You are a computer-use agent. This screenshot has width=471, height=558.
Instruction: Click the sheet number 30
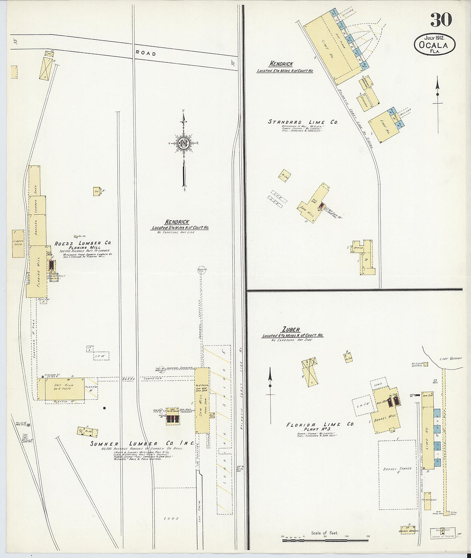(x=441, y=20)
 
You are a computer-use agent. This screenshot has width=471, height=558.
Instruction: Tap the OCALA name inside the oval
(x=434, y=45)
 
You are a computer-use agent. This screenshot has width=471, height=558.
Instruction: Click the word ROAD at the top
(x=146, y=53)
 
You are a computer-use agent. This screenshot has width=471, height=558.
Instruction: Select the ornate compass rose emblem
(x=184, y=142)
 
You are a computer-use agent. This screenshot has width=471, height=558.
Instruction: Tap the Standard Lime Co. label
(x=303, y=122)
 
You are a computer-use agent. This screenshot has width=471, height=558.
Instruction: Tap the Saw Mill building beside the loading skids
(x=202, y=400)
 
